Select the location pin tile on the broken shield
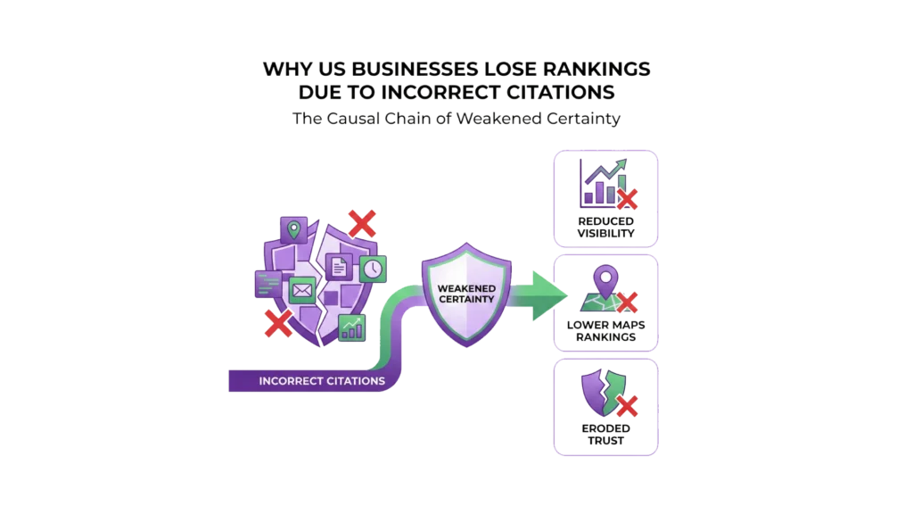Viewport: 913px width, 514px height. pyautogui.click(x=292, y=229)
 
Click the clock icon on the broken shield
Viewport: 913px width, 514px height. pyautogui.click(x=373, y=267)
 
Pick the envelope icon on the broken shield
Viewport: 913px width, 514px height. pyautogui.click(x=302, y=289)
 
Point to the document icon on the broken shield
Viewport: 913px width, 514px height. pyautogui.click(x=340, y=264)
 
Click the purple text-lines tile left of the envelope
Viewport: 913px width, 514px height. pyautogui.click(x=268, y=284)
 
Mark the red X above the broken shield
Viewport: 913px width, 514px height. pyautogui.click(x=360, y=222)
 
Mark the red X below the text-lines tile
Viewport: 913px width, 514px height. pyautogui.click(x=279, y=322)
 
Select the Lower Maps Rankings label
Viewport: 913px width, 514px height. pyautogui.click(x=606, y=330)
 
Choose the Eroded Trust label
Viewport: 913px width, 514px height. pyautogui.click(x=606, y=434)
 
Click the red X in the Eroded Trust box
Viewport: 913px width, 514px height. pyautogui.click(x=628, y=407)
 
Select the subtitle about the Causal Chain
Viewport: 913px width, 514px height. pyautogui.click(x=456, y=120)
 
